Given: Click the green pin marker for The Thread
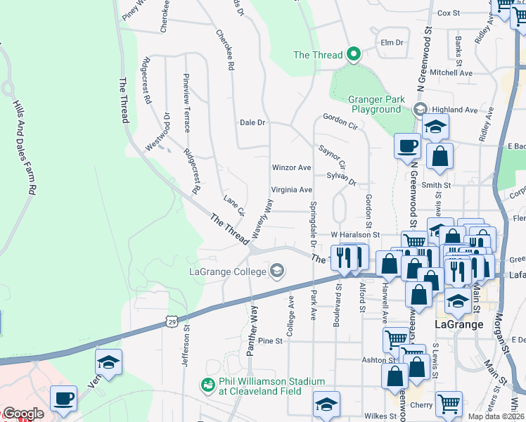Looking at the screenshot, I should coord(354,54).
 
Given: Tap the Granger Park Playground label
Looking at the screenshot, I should coord(376,104).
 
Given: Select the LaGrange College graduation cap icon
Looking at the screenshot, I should coord(277,271).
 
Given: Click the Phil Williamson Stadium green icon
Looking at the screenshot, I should coord(207,385).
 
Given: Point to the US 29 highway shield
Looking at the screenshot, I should coord(172,321).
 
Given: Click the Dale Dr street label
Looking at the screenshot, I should coord(252,122).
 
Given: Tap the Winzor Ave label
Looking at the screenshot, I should coord(291,168).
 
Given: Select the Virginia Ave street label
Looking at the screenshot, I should coord(291,190).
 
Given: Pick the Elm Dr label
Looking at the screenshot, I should coord(391,42).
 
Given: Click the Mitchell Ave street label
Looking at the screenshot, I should coord(451,72).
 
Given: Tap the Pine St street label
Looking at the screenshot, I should coord(269,340).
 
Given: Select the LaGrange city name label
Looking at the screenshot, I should coord(458,324).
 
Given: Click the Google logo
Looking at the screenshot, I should coord(23,414).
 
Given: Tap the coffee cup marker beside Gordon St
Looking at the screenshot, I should coord(407,146).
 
